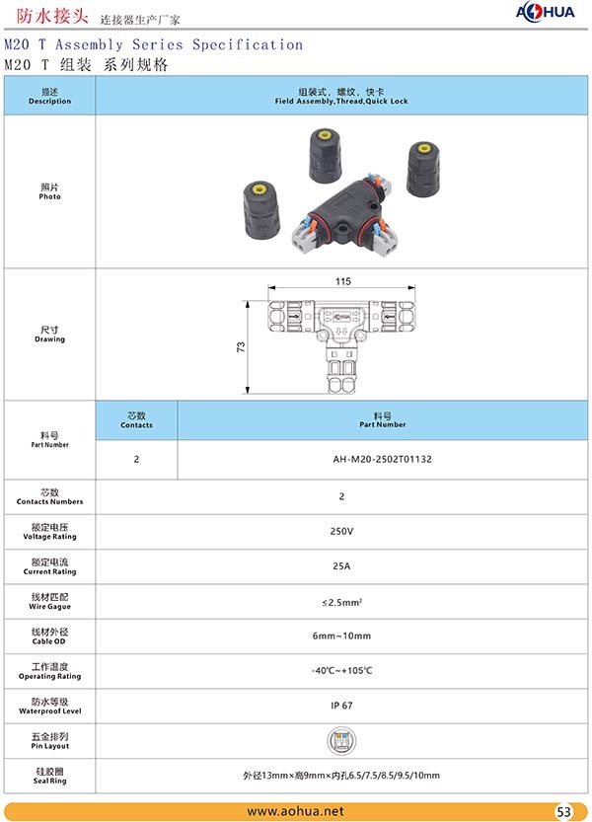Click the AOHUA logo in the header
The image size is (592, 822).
pos(549,12)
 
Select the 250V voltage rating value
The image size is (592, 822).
pos(341,531)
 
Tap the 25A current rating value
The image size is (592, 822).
pos(341,565)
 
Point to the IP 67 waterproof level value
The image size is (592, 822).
pos(341,706)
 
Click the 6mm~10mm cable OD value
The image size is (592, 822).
pos(341,635)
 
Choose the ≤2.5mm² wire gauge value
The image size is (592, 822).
pos(341,601)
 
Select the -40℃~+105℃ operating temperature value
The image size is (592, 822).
pos(341,671)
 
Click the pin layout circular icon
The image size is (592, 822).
pos(341,740)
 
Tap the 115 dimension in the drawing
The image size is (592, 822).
pos(342,282)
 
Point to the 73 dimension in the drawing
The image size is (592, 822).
pos(241,347)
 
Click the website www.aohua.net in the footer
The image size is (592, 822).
pos(295,811)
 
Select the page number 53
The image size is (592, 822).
pos(564,812)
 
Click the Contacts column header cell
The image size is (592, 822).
pos(136,419)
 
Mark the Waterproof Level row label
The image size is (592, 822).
pos(49,706)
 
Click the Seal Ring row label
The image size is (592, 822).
pos(49,775)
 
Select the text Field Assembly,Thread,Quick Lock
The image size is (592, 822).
pos(340,102)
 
